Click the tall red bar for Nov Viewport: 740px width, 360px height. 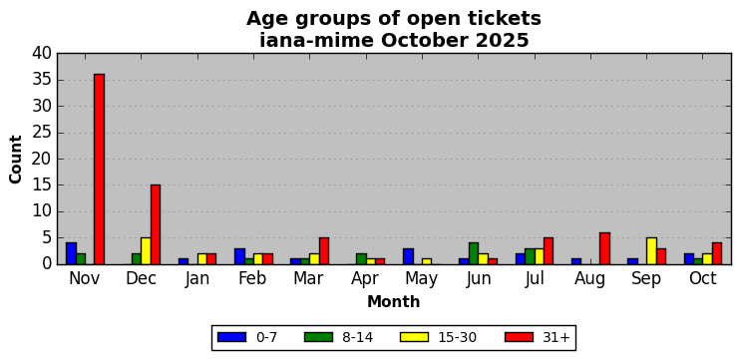pyautogui.click(x=99, y=169)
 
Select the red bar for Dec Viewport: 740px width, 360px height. pyautogui.click(x=156, y=224)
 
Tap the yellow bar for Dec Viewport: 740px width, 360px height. pyautogui.click(x=146, y=251)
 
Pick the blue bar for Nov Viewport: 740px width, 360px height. pyautogui.click(x=71, y=253)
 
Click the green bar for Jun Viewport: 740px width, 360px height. pyautogui.click(x=474, y=253)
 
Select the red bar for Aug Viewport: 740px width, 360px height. pyautogui.click(x=604, y=248)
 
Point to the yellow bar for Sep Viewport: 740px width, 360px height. pyautogui.click(x=652, y=251)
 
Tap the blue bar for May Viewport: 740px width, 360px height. pyautogui.click(x=409, y=256)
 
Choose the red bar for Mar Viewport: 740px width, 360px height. pyautogui.click(x=324, y=251)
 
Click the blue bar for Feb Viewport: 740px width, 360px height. pyautogui.click(x=239, y=256)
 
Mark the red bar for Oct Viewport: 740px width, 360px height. pyautogui.click(x=717, y=253)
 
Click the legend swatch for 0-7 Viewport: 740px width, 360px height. pyautogui.click(x=231, y=337)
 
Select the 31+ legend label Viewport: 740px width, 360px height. pyautogui.click(x=557, y=337)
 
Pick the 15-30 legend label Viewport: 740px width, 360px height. pyautogui.click(x=458, y=337)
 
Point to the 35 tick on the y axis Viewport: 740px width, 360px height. pyautogui.click(x=42, y=80)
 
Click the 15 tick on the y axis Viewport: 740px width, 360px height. pyautogui.click(x=42, y=185)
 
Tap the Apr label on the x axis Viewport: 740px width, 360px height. pyautogui.click(x=365, y=278)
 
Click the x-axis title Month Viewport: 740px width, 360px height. pyautogui.click(x=394, y=301)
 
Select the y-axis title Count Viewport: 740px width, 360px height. pyautogui.click(x=16, y=160)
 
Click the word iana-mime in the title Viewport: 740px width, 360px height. pyautogui.click(x=316, y=41)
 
